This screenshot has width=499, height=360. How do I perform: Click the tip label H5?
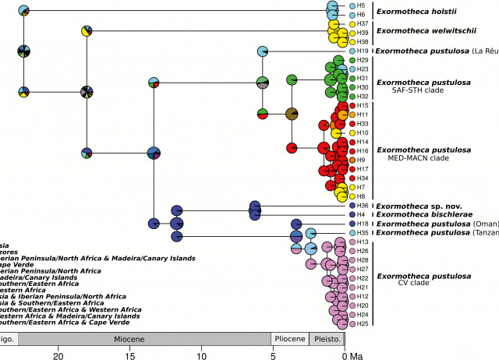tap(362, 5)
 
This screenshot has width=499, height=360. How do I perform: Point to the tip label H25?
tap(363, 323)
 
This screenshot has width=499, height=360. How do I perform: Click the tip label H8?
tap(362, 196)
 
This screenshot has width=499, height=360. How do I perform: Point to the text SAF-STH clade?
tap(416, 91)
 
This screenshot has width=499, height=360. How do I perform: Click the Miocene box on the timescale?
tap(143, 339)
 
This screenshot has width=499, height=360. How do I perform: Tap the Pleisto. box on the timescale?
tap(327, 339)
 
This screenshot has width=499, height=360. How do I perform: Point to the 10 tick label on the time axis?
tap(201, 355)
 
